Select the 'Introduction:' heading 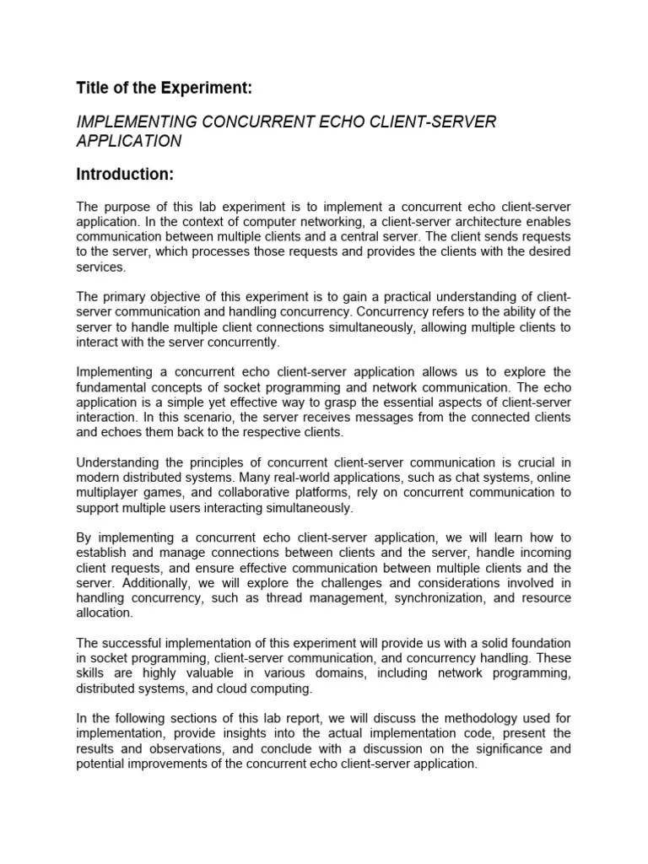125,175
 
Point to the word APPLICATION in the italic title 129,142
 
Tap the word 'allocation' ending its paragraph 103,613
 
